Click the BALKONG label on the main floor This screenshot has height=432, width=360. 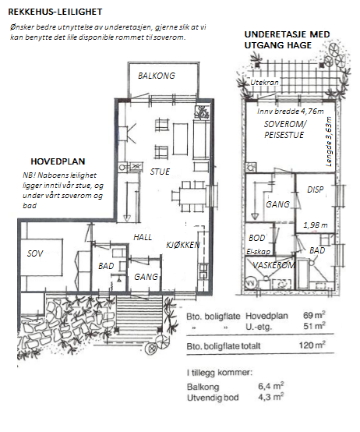[157, 76]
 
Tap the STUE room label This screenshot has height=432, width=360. [160, 172]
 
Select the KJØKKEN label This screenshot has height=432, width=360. [183, 245]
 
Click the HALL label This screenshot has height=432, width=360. [143, 237]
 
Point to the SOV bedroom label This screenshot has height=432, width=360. [35, 253]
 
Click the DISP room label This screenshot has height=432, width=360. [315, 189]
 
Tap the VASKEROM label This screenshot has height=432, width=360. [274, 265]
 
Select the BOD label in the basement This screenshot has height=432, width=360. [257, 238]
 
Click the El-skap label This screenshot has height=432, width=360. [258, 252]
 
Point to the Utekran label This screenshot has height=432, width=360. [264, 82]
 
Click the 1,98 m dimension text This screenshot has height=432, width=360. [316, 225]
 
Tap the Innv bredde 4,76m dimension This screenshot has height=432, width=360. [291, 111]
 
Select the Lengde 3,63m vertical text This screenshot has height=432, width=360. [328, 142]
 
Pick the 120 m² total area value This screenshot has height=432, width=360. [312, 345]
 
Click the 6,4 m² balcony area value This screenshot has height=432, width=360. [271, 386]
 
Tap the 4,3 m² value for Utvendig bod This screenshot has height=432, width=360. [271, 397]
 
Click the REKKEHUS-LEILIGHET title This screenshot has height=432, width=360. [55, 12]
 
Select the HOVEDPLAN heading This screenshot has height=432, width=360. [58, 161]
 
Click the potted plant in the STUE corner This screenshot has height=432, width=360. [203, 112]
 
